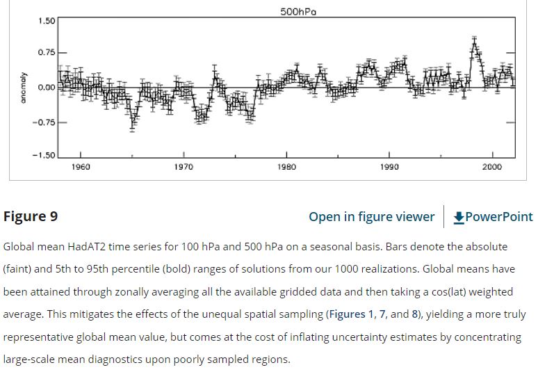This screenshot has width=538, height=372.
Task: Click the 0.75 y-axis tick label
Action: (x=47, y=54)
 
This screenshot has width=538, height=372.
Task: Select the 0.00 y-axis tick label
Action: (x=47, y=88)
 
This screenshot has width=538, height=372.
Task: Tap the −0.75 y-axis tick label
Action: (x=44, y=122)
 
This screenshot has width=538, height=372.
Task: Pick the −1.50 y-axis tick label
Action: (x=44, y=155)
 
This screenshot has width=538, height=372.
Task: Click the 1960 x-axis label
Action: (x=80, y=167)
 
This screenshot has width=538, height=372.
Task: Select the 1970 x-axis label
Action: (x=184, y=167)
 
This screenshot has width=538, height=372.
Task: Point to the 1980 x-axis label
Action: (x=286, y=167)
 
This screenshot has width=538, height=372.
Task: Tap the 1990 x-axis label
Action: (x=389, y=167)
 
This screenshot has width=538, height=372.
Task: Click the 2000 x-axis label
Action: (x=492, y=167)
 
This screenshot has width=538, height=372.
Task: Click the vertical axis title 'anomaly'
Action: (x=23, y=88)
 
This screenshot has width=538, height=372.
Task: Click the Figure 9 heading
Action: (x=31, y=216)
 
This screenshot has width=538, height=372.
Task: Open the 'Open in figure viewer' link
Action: (x=371, y=217)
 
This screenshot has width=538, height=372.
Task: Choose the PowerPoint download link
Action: (x=493, y=217)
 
